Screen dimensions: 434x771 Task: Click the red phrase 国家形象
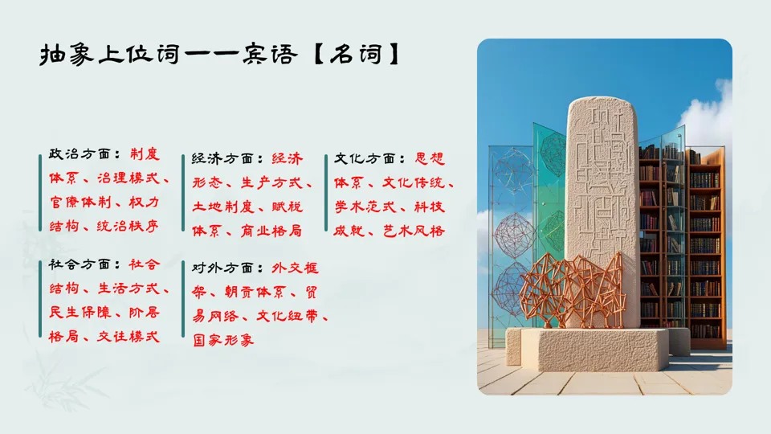coord(222,340)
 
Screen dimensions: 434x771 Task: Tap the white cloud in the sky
coord(711,121)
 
